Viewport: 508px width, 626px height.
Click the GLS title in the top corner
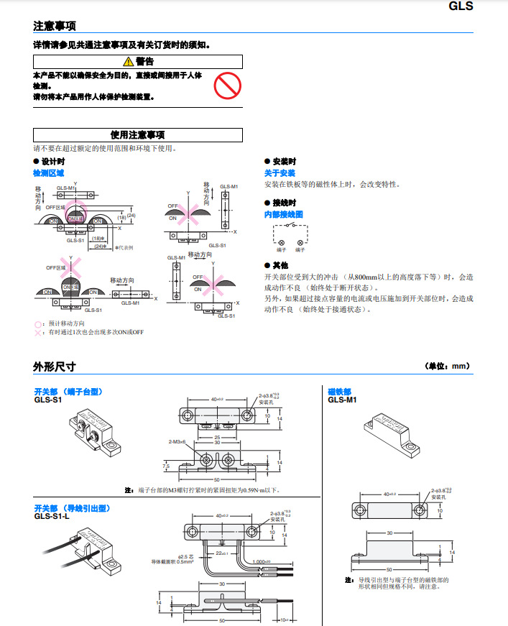click(x=461, y=6)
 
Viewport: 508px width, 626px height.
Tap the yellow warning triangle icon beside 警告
click(x=128, y=62)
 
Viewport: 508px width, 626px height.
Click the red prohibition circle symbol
click(x=226, y=86)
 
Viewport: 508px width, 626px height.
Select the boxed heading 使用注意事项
click(x=138, y=134)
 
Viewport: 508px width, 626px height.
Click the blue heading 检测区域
click(x=48, y=173)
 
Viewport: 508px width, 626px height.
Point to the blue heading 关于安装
click(x=280, y=173)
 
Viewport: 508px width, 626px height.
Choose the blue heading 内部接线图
click(x=284, y=214)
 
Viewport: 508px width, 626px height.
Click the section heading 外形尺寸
click(x=55, y=367)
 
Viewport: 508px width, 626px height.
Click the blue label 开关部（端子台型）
click(x=69, y=392)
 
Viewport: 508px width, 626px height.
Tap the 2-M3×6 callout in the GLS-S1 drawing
click(x=176, y=441)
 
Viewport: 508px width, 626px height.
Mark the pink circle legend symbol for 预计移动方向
click(x=38, y=323)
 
